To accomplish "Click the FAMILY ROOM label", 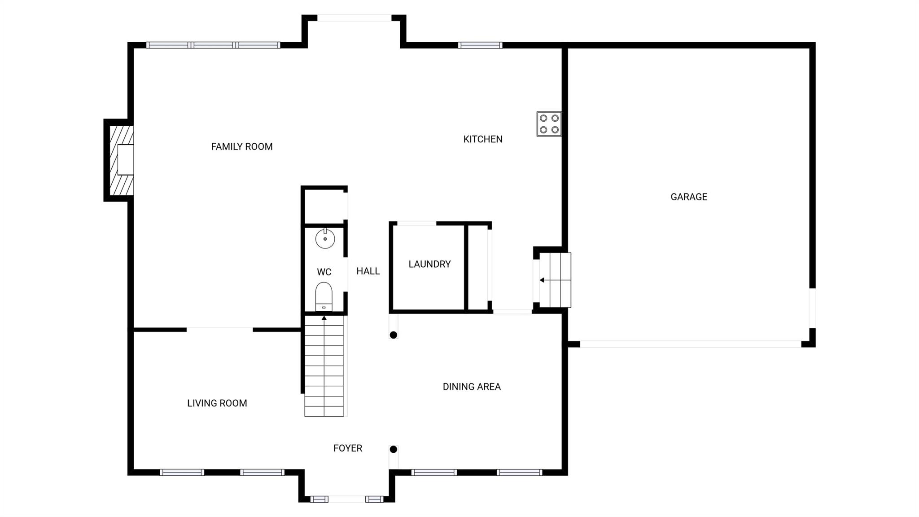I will coord(241,146).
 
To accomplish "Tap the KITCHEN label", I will coord(482,139).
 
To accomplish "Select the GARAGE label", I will coord(688,197).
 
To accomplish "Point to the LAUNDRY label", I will coord(429,264).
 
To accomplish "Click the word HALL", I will coord(368,271).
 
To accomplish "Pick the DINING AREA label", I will coord(471,387).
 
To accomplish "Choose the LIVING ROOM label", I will coord(217,403).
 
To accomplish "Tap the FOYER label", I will coord(347,448).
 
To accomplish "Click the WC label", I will coord(324,272).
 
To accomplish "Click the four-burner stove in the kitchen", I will coord(549,124).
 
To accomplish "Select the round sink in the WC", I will coord(325,239).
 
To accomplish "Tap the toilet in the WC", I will coord(324,296).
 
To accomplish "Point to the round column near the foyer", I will coord(393,449).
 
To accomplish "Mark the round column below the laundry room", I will coord(393,335).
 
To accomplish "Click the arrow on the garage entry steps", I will coord(543,280).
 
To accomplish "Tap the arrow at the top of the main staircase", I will coord(324,318).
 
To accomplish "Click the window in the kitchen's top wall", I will coord(480,45).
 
